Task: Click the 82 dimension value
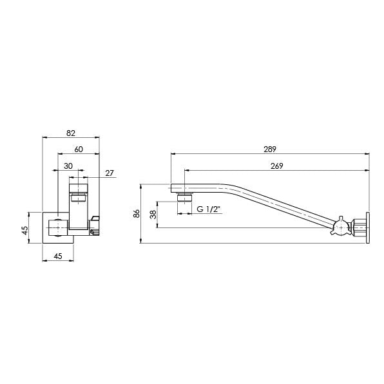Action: (71, 133)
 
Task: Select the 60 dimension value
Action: (79, 149)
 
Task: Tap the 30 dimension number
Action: (68, 166)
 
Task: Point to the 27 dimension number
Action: (109, 172)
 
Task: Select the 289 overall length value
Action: (269, 149)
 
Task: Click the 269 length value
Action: (276, 166)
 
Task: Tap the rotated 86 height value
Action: (137, 213)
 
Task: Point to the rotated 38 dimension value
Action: (153, 214)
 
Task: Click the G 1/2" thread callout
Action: (208, 210)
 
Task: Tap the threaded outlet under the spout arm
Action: (186, 196)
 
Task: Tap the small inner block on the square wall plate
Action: (57, 227)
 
